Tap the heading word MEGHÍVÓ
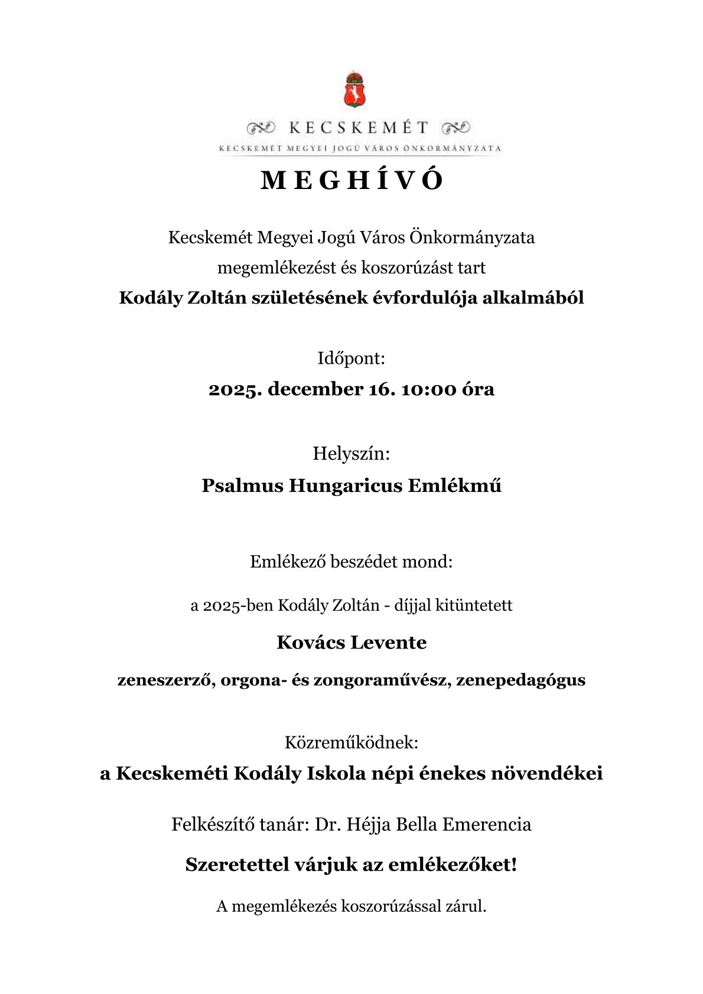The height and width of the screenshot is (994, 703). tap(351, 181)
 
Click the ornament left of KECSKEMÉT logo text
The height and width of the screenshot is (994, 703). tap(261, 126)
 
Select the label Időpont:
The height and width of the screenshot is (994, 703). tap(351, 359)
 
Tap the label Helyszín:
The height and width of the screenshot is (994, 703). tap(351, 455)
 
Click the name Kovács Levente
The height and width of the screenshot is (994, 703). tap(351, 642)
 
